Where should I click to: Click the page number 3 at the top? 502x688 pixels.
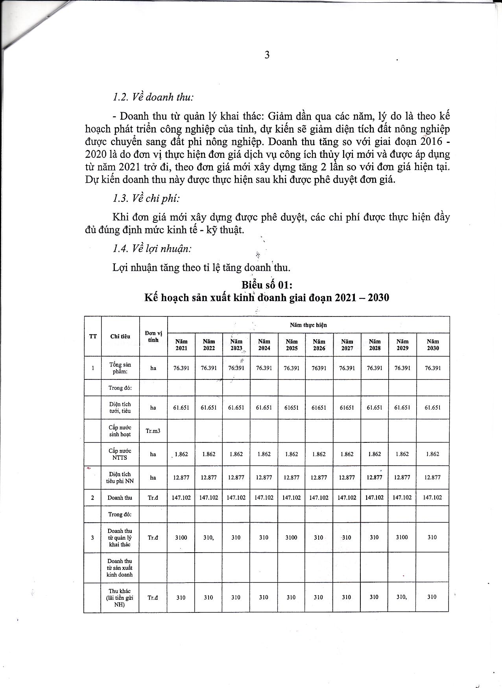(x=267, y=55)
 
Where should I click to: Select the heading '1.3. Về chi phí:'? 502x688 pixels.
(x=146, y=198)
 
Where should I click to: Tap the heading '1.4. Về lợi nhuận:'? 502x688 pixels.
(x=152, y=249)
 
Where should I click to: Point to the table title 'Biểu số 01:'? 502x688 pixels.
(x=267, y=285)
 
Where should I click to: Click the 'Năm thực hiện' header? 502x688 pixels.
(x=308, y=325)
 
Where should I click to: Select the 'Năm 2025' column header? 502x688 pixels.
(x=292, y=345)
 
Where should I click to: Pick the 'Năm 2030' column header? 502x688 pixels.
(x=433, y=345)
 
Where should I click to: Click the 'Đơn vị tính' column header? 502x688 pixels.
(x=153, y=337)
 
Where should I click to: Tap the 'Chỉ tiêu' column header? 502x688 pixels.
(x=120, y=336)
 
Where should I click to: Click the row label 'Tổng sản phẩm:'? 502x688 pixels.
(x=120, y=368)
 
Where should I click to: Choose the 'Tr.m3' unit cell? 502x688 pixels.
(x=153, y=431)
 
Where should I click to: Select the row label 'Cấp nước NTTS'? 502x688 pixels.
(x=120, y=454)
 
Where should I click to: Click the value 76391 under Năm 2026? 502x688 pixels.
(x=319, y=368)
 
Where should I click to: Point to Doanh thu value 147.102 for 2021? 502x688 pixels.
(x=181, y=498)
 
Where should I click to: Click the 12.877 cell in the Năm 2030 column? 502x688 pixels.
(x=432, y=477)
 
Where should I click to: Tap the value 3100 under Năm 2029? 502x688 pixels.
(x=402, y=537)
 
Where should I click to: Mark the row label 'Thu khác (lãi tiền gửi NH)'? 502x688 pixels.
(x=120, y=597)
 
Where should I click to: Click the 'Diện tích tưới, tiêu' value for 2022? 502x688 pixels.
(x=209, y=407)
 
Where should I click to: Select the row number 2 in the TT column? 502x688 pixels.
(x=92, y=498)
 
